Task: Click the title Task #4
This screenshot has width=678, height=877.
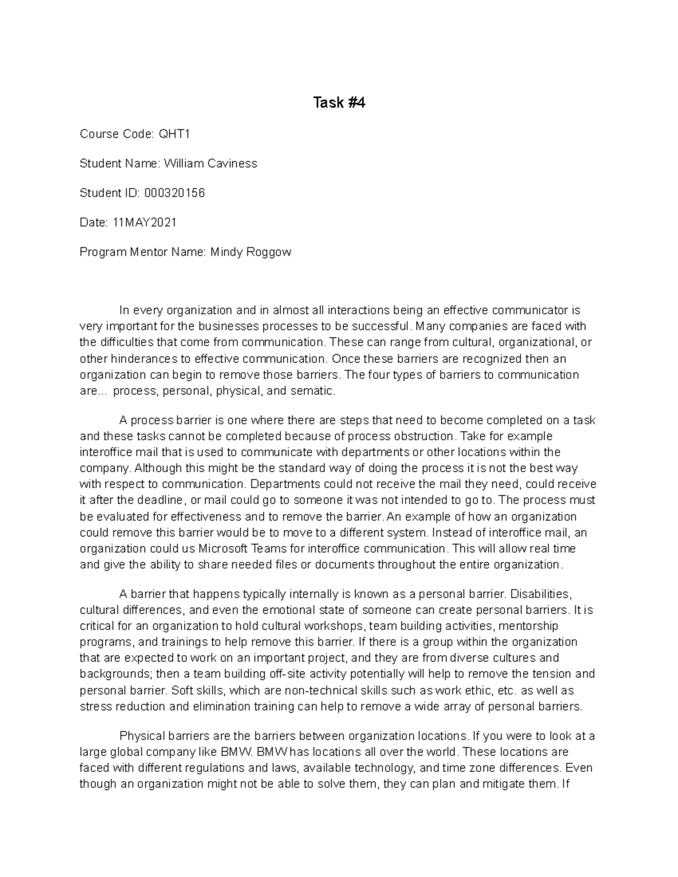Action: (x=339, y=103)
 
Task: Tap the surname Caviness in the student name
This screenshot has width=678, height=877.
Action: (x=232, y=164)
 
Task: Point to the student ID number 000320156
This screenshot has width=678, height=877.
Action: (x=175, y=193)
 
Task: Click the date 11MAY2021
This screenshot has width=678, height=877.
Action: (x=145, y=222)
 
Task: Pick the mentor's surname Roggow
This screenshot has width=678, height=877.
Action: (x=268, y=252)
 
